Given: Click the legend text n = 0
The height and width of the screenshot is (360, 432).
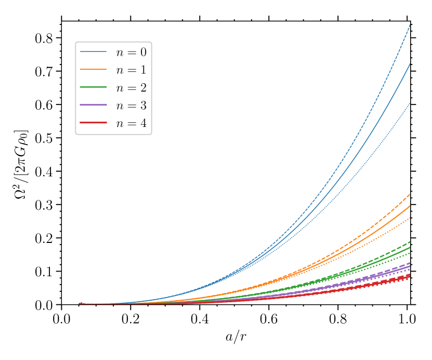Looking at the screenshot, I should (x=131, y=52).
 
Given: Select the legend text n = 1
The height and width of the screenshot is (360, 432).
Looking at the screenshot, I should (x=131, y=70).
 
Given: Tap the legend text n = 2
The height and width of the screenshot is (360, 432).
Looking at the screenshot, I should (x=131, y=88).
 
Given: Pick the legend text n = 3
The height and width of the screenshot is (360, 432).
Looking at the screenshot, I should (x=131, y=106).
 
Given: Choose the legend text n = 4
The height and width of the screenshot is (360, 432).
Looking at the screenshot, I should (x=131, y=123).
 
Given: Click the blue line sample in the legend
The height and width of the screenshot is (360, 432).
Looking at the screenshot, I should (x=94, y=52).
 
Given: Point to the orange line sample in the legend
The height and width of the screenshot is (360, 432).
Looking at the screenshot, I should (x=94, y=69).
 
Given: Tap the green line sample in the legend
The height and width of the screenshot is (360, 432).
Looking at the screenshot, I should (x=94, y=87).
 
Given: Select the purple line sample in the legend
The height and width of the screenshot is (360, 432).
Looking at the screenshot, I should (x=94, y=105).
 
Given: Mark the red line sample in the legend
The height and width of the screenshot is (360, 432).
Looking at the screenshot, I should (x=94, y=123).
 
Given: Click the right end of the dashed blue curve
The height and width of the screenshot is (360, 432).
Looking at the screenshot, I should (x=410, y=24).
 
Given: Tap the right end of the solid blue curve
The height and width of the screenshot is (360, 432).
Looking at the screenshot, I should (x=410, y=64).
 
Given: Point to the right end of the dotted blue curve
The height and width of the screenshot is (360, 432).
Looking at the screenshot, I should (x=410, y=103).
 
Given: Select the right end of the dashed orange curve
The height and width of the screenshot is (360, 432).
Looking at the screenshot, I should (x=410, y=195).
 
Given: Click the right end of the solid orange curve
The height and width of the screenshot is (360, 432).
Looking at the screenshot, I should (x=410, y=206).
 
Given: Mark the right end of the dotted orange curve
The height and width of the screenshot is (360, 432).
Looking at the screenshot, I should (x=410, y=218).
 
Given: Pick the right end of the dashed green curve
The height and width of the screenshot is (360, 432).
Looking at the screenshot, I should (x=410, y=242).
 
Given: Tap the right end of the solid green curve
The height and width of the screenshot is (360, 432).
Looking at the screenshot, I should (x=410, y=248).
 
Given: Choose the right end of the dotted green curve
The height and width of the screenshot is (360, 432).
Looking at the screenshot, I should (x=410, y=253).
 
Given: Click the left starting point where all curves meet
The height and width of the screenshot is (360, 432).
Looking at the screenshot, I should (x=80, y=303).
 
